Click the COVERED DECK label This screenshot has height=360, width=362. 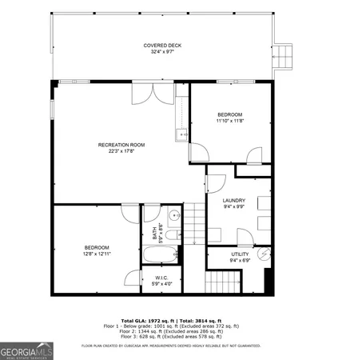162,46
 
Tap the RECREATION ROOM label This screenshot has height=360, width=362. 121,145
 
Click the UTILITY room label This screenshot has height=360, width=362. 241,254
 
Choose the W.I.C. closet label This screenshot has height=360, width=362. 161,277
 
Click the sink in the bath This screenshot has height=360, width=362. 173,215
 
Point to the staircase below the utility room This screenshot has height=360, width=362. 223,282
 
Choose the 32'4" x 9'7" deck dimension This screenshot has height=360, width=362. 162,53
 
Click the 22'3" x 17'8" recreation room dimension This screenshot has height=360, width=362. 121,151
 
